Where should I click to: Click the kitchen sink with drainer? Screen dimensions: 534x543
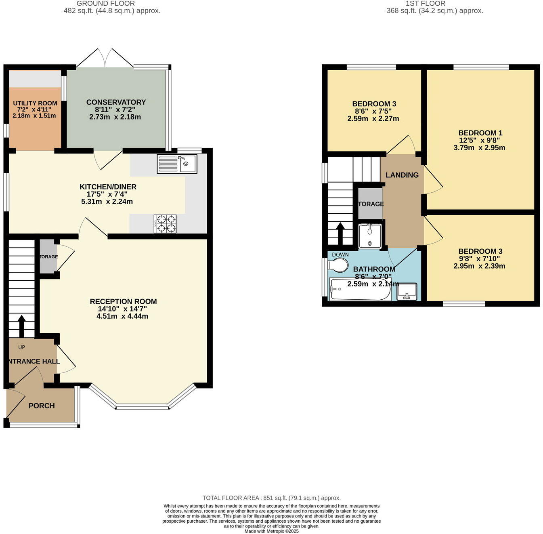177,164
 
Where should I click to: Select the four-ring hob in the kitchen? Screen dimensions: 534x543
165,224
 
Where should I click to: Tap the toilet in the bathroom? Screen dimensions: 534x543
338,265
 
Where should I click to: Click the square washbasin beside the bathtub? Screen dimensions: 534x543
407,292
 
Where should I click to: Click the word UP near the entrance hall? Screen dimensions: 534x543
21,347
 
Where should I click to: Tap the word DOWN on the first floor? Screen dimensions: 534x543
340,255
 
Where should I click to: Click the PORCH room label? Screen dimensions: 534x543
42,406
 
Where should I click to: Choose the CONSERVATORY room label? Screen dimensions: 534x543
116,102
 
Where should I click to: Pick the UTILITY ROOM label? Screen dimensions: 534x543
35,103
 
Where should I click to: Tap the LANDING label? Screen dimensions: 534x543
402,175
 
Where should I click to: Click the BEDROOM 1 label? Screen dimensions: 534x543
480,133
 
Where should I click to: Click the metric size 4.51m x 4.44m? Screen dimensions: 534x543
122,316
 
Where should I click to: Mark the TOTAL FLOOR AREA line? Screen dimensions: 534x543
271,498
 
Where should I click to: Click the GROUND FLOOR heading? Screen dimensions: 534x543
105,3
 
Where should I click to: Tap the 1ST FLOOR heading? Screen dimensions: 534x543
426,3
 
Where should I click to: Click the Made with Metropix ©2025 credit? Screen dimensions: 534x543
271,531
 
